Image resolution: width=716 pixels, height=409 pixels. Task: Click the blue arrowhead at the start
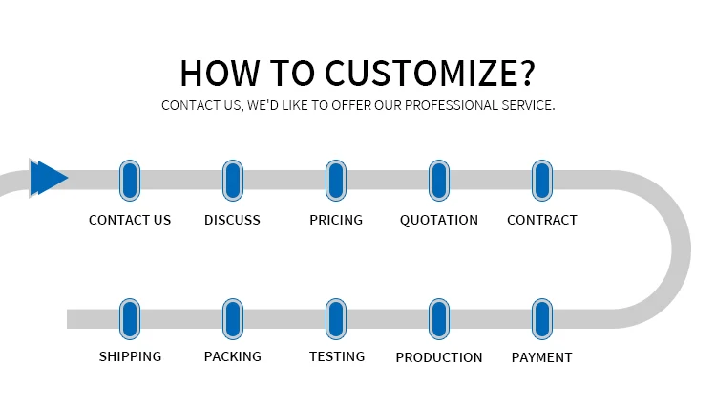coord(49,178)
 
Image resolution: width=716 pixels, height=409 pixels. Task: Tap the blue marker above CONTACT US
coord(130,181)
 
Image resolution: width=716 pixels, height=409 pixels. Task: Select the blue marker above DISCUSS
coord(233,181)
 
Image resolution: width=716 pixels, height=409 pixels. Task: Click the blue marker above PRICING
coord(336,181)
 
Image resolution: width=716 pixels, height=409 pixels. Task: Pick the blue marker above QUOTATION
coord(439,181)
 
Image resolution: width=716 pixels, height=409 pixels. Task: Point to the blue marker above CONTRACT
coord(542,181)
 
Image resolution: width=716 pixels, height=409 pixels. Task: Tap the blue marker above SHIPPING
coord(130,319)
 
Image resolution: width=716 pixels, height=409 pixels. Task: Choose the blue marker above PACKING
coord(233,319)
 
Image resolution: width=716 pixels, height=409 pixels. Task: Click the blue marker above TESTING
coord(336,319)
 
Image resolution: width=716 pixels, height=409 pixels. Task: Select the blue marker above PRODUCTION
coord(439,319)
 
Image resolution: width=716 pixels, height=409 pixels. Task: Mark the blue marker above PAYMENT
coord(542,319)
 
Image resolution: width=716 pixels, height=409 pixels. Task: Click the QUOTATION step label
coord(439,220)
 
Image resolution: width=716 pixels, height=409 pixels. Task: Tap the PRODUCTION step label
coord(439,357)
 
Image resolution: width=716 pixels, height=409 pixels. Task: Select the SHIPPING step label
coord(130,356)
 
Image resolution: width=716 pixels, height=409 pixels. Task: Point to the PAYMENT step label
coord(541,357)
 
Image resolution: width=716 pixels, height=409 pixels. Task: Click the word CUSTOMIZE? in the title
coord(430,74)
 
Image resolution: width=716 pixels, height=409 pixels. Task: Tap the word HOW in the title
coord(220,74)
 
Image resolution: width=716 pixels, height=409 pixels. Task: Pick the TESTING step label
coord(337,356)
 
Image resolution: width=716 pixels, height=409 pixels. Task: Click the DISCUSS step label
coord(232,220)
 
